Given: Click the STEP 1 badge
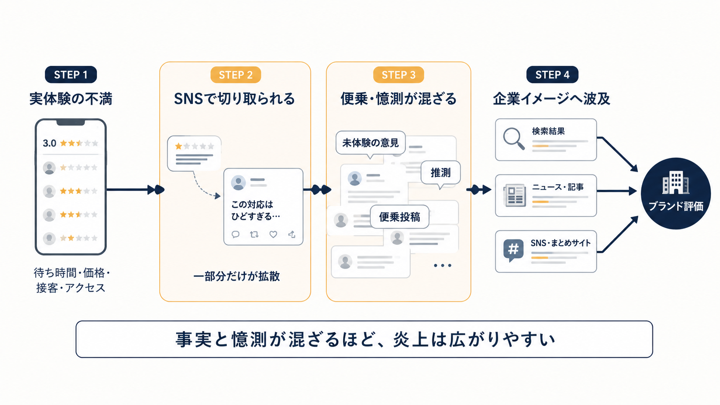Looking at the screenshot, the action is [71, 74].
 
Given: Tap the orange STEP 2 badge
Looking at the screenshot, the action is [236, 75].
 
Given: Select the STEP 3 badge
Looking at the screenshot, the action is [398, 75].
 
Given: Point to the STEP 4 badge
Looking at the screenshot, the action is [552, 74].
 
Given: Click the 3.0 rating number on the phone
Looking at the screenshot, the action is [50, 143].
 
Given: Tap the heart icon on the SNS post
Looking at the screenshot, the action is [273, 235].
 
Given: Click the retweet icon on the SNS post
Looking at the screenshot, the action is [254, 235].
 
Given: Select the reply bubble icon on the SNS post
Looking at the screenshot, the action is [236, 235].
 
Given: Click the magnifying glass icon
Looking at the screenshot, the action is [514, 139].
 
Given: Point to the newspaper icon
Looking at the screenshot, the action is [515, 195].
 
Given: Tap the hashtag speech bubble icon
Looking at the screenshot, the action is [513, 250].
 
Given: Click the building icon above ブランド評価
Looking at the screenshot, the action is [676, 182].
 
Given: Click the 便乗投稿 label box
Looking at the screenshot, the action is [400, 217].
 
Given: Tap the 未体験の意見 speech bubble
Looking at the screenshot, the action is [370, 144].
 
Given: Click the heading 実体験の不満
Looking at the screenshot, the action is [71, 99].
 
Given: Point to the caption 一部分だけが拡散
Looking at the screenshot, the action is [236, 276].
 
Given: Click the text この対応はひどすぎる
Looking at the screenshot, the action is [255, 210].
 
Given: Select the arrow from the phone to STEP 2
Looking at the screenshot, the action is [135, 190].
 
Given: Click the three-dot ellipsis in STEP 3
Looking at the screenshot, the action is [443, 265].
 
